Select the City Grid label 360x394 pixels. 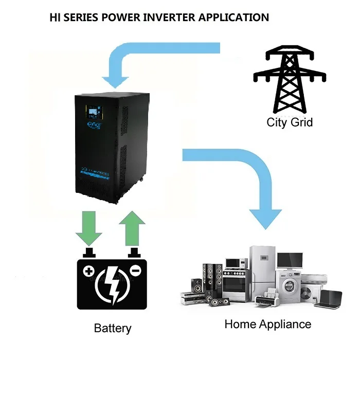pyautogui.click(x=290, y=122)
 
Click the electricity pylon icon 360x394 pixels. pyautogui.click(x=290, y=80)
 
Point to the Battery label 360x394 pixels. pyautogui.click(x=113, y=328)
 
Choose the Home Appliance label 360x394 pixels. pyautogui.click(x=267, y=325)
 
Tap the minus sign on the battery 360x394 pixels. pyautogui.click(x=135, y=271)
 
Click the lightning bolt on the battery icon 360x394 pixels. pyautogui.click(x=112, y=284)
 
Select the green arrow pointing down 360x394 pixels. pyautogui.click(x=89, y=226)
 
